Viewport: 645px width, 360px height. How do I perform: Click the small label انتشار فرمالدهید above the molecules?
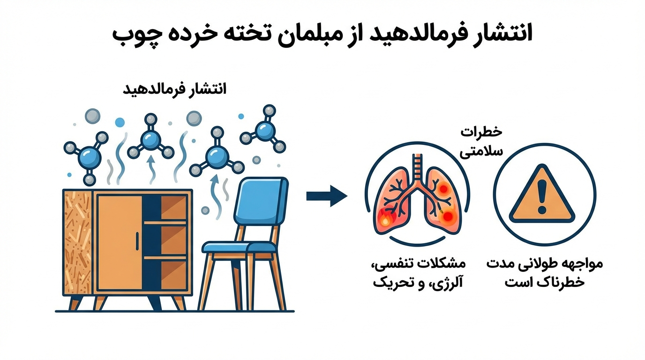pyautogui.click(x=174, y=89)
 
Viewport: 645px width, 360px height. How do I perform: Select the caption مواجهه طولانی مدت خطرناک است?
pyautogui.click(x=544, y=274)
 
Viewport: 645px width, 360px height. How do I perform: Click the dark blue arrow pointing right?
pyautogui.click(x=326, y=195)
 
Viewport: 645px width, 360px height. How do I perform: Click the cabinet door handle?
pyautogui.click(x=137, y=240)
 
